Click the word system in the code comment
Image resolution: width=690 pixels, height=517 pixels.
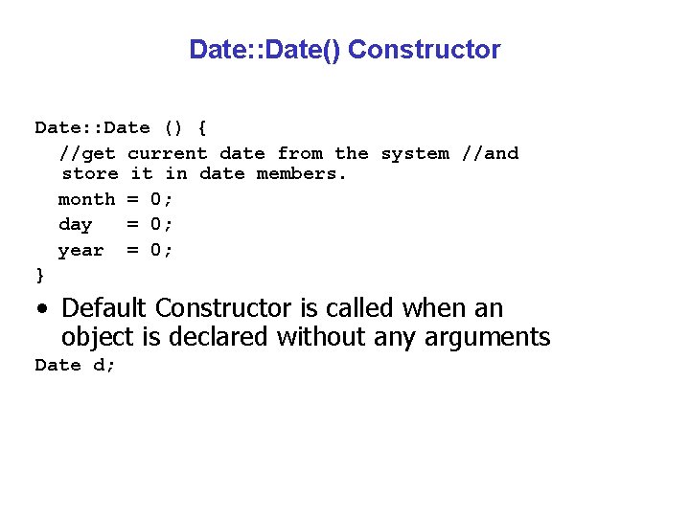coord(415,153)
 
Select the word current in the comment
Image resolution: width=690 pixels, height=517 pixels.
coord(168,153)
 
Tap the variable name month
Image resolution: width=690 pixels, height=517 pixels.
coord(86,199)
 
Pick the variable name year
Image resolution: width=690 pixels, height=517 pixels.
coord(80,250)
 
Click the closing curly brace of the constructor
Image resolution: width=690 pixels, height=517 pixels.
coord(39,275)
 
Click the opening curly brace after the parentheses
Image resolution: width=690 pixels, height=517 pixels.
coord(201,127)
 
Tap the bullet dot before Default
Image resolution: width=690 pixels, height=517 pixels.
coord(41,309)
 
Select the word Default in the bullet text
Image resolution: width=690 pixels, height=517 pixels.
coord(103,308)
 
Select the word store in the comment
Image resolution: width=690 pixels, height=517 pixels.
coord(90,174)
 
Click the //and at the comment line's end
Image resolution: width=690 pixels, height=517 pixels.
coord(490,153)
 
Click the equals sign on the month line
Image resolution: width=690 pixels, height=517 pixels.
coord(132,199)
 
